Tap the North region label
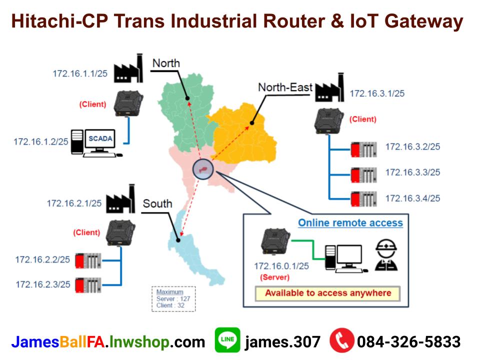166,63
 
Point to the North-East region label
285,87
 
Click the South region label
157,203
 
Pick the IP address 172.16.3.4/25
412,198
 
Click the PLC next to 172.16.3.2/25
363,148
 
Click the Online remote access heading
350,222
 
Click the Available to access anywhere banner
328,293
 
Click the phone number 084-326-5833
408,342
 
